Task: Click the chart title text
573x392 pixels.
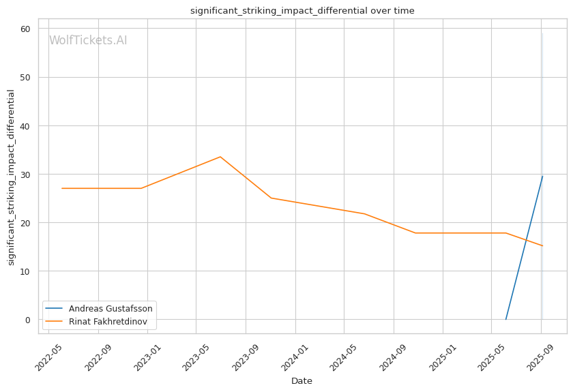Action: coord(302,11)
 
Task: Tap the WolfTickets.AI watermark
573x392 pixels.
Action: coord(88,41)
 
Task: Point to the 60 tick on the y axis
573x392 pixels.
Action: coord(25,29)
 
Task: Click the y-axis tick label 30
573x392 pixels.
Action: coord(25,175)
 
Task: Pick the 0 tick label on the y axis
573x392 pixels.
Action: coord(28,320)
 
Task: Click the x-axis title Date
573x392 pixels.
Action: coord(302,381)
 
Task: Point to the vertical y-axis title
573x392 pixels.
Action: coord(11,177)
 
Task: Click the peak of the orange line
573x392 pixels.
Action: coord(220,157)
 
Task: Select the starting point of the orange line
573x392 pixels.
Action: coord(62,188)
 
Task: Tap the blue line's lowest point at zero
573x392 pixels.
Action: coord(505,319)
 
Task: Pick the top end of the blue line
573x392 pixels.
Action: coord(542,177)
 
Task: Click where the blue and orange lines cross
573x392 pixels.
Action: coord(527,240)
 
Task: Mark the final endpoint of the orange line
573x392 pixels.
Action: coord(542,246)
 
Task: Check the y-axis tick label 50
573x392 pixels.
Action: coord(25,77)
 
